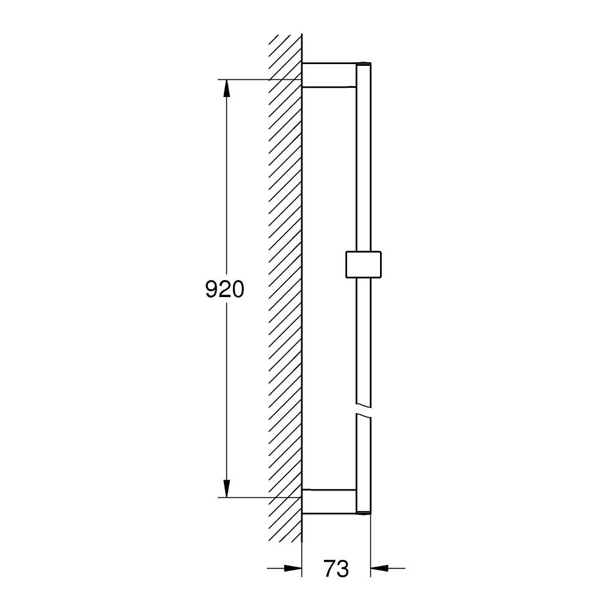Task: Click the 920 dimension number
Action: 225,289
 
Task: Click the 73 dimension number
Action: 336,569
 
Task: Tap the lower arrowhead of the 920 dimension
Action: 226,488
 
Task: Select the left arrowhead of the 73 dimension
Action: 293,569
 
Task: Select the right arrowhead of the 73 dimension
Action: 379,569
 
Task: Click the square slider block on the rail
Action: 364,265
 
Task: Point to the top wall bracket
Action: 329,74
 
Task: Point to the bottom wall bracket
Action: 329,501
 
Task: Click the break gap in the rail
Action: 364,410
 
